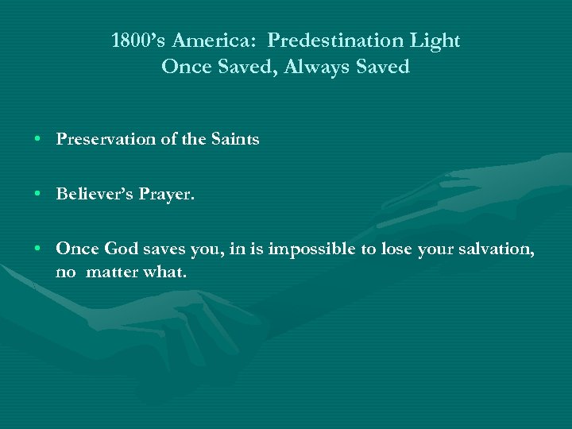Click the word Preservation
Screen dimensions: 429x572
point(106,140)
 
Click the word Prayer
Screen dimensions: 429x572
point(167,194)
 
